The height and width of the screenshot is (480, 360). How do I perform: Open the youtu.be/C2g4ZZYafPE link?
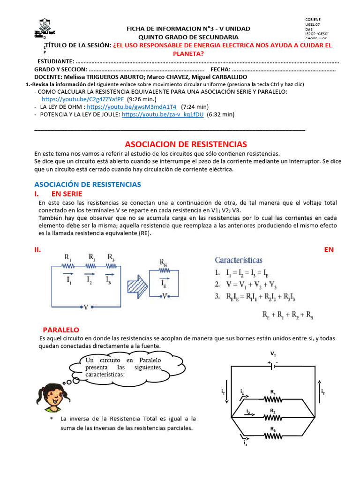click(82, 99)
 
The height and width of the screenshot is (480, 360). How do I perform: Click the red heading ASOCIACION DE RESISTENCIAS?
click(185, 144)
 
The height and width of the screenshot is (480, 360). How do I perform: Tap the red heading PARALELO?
click(61, 330)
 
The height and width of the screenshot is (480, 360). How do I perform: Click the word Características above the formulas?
click(239, 260)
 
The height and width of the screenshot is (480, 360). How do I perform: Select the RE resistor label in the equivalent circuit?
click(163, 263)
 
